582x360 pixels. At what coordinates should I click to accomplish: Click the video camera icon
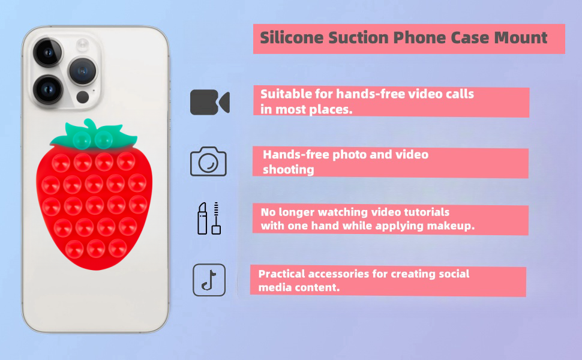pos(210,102)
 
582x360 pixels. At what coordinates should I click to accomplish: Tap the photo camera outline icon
pos(208,161)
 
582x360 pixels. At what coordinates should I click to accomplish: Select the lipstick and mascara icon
pos(209,218)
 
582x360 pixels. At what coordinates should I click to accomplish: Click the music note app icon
pos(209,280)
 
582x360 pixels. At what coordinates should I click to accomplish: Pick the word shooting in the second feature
pos(289,170)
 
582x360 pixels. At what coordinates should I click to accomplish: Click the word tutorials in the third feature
pos(427,212)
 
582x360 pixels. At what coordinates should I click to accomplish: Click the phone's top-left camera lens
pos(48,52)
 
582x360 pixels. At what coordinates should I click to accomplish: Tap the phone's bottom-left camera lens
pos(48,89)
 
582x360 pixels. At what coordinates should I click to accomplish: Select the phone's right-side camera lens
pos(82,71)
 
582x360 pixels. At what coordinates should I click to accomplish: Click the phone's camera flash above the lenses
pos(82,44)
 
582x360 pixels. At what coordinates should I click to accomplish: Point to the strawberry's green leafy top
pos(94,135)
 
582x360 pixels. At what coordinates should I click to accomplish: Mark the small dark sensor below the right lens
pos(82,97)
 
